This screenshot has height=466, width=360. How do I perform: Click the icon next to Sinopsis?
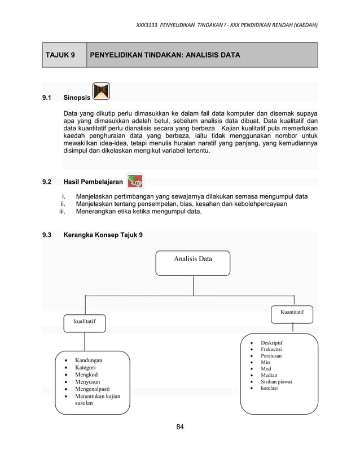102,91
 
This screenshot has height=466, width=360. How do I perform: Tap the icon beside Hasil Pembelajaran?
134,181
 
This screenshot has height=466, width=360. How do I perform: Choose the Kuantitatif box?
292,312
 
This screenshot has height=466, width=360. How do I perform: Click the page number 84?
180,426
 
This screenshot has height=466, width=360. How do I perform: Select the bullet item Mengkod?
87,375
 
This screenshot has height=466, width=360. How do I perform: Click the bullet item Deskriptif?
271,342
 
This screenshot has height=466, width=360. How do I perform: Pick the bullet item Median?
269,375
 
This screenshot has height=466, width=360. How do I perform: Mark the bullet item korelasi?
269,388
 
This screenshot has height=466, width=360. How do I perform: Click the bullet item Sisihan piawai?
276,382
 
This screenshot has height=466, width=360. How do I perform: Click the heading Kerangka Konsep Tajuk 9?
103,235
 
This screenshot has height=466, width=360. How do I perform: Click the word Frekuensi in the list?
271,349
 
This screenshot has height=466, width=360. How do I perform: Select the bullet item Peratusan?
271,356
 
